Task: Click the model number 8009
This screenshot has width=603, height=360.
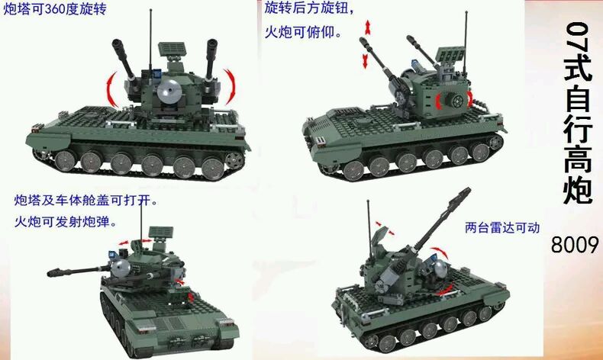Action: [575, 244]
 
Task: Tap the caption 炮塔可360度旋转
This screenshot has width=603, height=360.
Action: [55, 9]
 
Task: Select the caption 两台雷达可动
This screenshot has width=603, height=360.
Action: [501, 227]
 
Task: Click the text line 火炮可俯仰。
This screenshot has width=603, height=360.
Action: [303, 32]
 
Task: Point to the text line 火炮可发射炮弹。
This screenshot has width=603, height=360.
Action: [65, 222]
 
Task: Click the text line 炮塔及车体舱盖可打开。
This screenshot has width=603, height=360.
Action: [85, 200]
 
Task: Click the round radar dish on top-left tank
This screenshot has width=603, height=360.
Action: [169, 92]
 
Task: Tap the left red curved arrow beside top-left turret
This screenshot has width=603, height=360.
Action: [111, 89]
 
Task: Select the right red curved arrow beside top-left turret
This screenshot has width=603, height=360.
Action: [230, 86]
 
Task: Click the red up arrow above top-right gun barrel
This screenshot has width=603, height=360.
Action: [368, 27]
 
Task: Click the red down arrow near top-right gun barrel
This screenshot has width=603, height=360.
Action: [365, 61]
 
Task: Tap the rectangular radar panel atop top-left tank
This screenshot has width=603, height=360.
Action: [172, 48]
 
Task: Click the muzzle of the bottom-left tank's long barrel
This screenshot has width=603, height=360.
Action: [51, 273]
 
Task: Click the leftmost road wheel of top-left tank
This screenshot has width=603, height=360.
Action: [65, 160]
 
